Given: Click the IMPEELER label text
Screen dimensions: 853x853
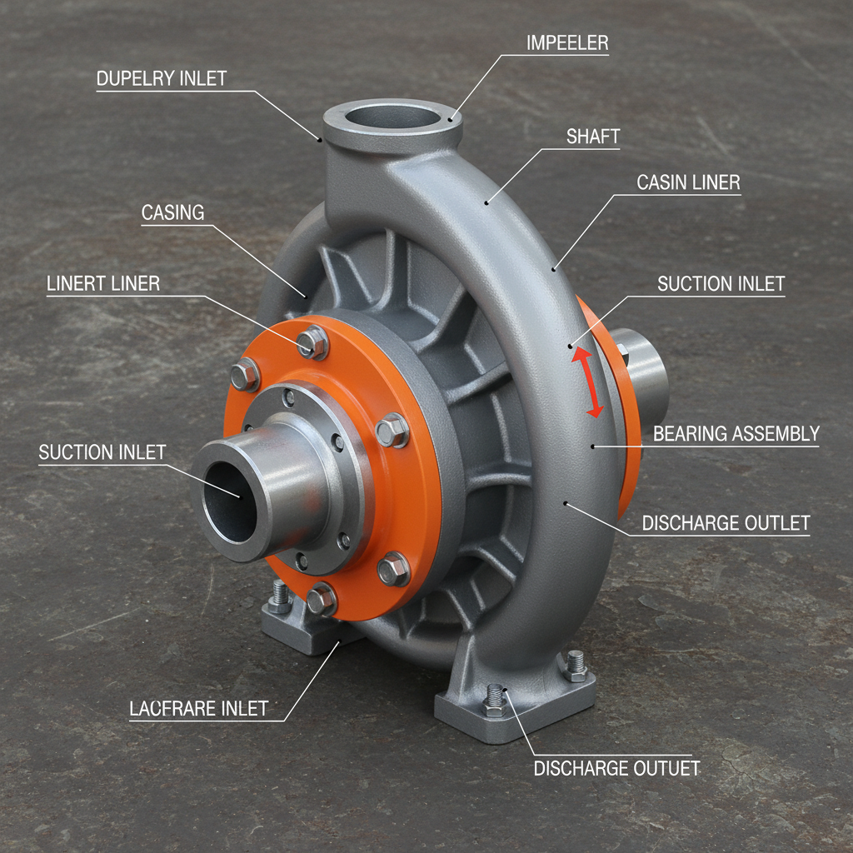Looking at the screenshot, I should click(566, 42).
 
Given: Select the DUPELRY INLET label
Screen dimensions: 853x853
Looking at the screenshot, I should click(162, 79).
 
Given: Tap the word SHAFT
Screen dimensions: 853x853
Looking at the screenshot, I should click(593, 137).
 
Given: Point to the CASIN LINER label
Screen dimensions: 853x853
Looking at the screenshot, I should click(688, 182).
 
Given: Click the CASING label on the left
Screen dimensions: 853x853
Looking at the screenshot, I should click(172, 212).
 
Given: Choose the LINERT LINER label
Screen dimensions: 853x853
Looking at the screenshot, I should click(102, 283).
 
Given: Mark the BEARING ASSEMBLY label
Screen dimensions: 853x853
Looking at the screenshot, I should click(736, 433).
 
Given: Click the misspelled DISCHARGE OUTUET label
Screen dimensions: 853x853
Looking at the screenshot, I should click(616, 768).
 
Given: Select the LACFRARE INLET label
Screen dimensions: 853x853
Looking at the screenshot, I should click(199, 709).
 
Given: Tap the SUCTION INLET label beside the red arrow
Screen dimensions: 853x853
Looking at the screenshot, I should click(721, 284).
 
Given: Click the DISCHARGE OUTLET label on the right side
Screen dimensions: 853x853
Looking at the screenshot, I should click(726, 523).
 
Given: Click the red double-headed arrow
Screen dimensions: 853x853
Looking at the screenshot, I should click(586, 382).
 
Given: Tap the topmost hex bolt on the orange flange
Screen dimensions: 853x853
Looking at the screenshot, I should click(312, 342).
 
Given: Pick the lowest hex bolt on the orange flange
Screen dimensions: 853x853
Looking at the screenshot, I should click(321, 598).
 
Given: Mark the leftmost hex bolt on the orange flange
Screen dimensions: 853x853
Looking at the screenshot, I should click(245, 375).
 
